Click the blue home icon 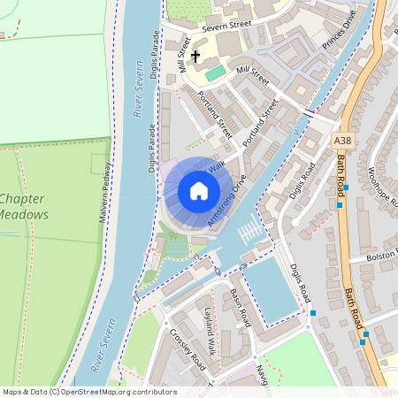[199, 191]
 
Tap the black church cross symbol [195, 56]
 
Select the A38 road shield [343, 141]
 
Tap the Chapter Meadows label [24, 207]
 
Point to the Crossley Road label [188, 351]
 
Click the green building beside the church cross [216, 71]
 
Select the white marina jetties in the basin [250, 232]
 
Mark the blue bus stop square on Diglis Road [312, 312]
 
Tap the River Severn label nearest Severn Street [139, 89]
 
